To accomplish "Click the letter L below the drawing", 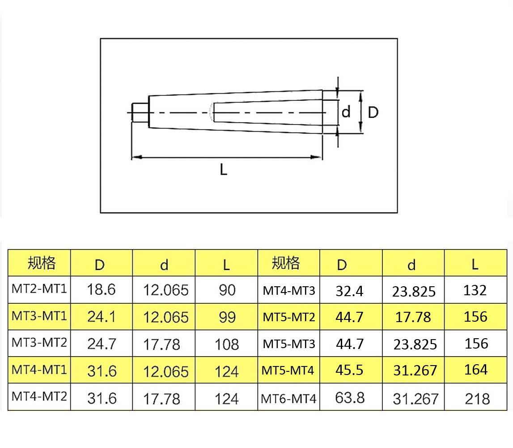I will (x=224, y=170).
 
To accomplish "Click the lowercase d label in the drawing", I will (x=346, y=112).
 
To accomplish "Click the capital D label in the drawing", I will (x=373, y=112).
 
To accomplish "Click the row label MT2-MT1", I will (x=39, y=289).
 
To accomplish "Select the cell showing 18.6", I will (x=102, y=290).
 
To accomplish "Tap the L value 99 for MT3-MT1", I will (x=227, y=317).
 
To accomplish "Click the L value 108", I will (x=227, y=344).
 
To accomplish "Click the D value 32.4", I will (x=349, y=291).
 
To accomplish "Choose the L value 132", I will (x=475, y=290).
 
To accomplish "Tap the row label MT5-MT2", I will (x=288, y=318).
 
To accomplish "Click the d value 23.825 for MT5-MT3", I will (x=415, y=344).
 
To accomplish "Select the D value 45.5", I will (x=349, y=370).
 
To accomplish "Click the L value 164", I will (x=475, y=370).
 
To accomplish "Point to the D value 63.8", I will (x=350, y=397).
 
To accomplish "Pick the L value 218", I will (x=477, y=398).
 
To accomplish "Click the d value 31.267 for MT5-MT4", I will (x=415, y=370).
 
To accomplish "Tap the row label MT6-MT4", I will (x=288, y=398).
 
